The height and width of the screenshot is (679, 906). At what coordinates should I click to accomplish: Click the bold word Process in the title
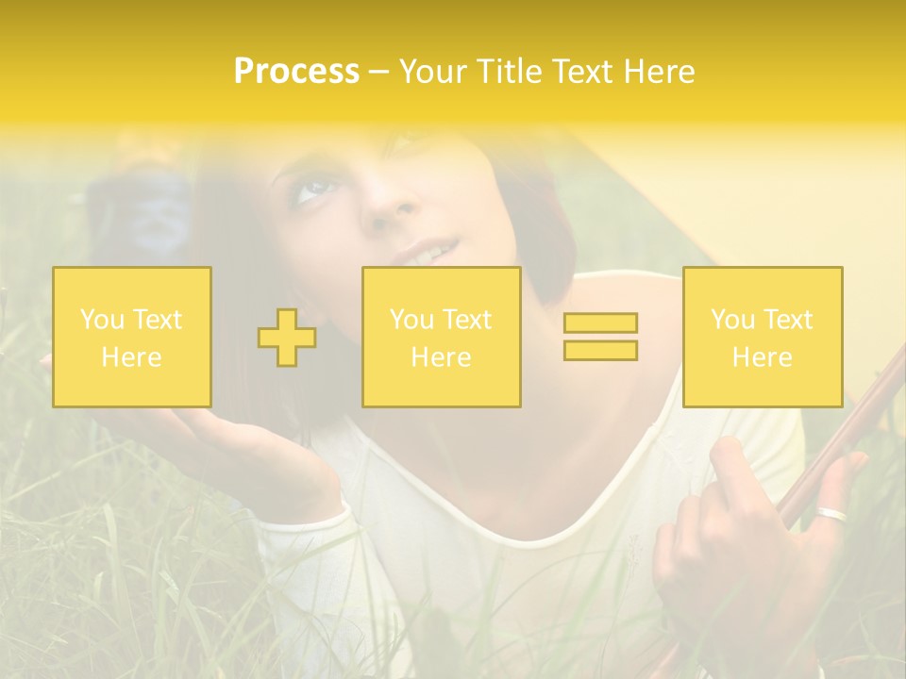(x=296, y=72)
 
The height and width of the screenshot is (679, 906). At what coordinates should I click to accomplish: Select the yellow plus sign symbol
(x=287, y=337)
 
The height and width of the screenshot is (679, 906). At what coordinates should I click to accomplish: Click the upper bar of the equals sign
(x=600, y=323)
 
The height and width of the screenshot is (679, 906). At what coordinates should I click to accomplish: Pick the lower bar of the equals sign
(x=600, y=351)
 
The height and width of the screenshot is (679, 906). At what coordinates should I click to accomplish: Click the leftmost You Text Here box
(x=132, y=337)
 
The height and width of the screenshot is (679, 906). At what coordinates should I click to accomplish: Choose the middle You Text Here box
(x=441, y=337)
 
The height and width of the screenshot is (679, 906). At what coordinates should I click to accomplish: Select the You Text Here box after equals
(x=763, y=337)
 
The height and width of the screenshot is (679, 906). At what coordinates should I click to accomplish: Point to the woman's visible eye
(x=314, y=190)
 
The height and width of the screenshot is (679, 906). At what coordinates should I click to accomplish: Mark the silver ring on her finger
(x=832, y=515)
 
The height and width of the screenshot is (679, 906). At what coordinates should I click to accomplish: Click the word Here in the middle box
(x=441, y=357)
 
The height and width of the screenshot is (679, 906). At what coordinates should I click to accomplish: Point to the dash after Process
(x=378, y=72)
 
